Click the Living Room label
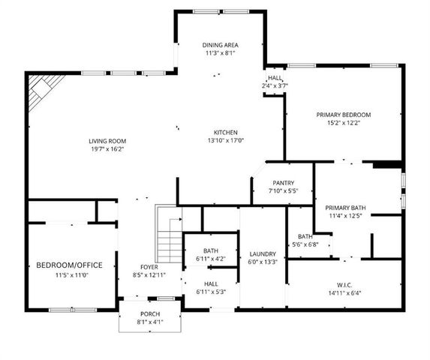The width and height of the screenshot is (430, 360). click(x=107, y=141)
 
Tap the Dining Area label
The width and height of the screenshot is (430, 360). click(x=220, y=46)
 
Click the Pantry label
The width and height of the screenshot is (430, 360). click(x=284, y=183)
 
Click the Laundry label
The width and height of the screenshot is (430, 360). click(x=263, y=254)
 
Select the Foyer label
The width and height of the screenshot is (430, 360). click(x=149, y=268)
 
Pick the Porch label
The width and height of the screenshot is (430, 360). click(x=150, y=313)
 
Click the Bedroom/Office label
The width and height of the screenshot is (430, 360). click(x=69, y=265)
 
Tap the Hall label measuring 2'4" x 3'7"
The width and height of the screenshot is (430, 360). click(x=275, y=78)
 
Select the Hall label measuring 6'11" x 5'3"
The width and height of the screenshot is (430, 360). click(x=211, y=283)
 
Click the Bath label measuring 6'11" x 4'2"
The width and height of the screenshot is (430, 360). click(x=211, y=251)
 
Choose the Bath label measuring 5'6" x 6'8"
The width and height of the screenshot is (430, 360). click(x=305, y=236)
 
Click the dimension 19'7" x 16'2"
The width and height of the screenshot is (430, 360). click(x=107, y=149)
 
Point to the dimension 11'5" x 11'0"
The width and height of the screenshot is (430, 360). click(x=69, y=275)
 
